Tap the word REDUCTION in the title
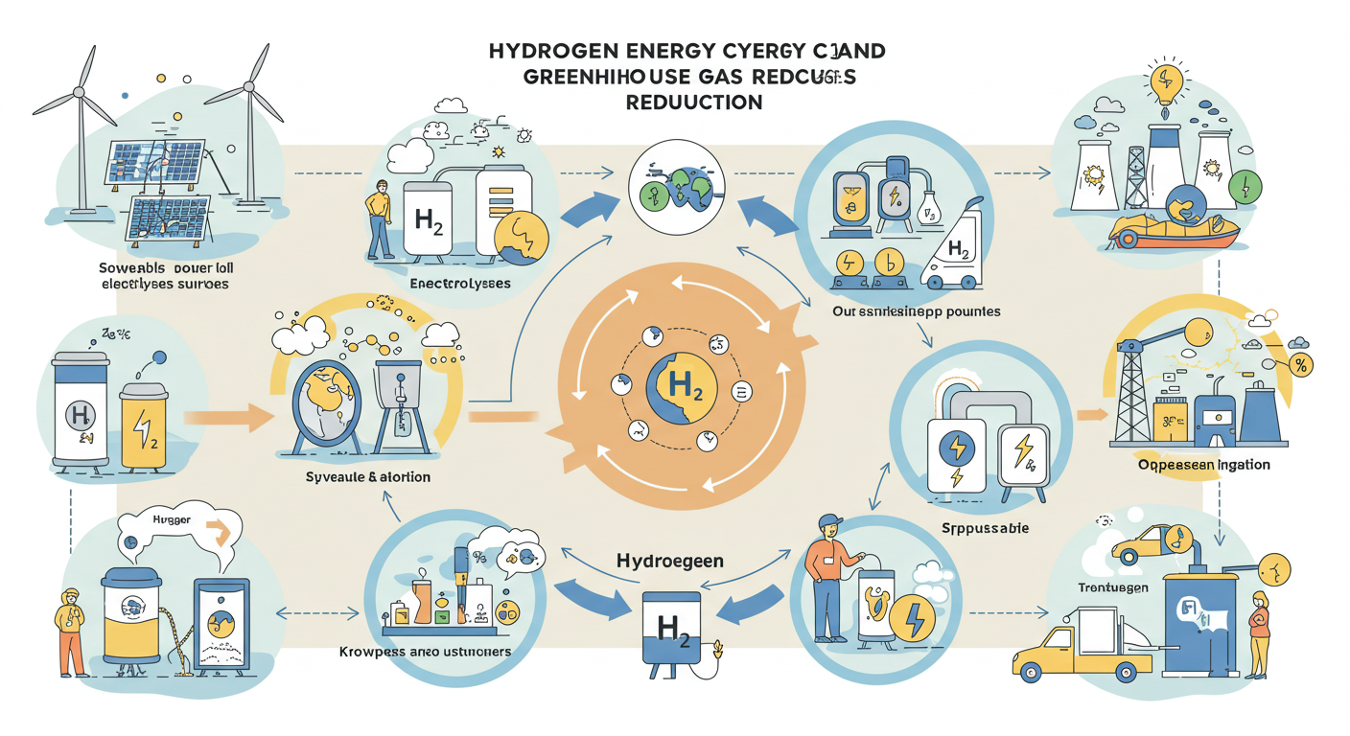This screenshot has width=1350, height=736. point(694,102)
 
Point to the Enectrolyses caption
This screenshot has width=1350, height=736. point(460,284)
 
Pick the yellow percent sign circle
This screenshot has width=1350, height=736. point(1301,365)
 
